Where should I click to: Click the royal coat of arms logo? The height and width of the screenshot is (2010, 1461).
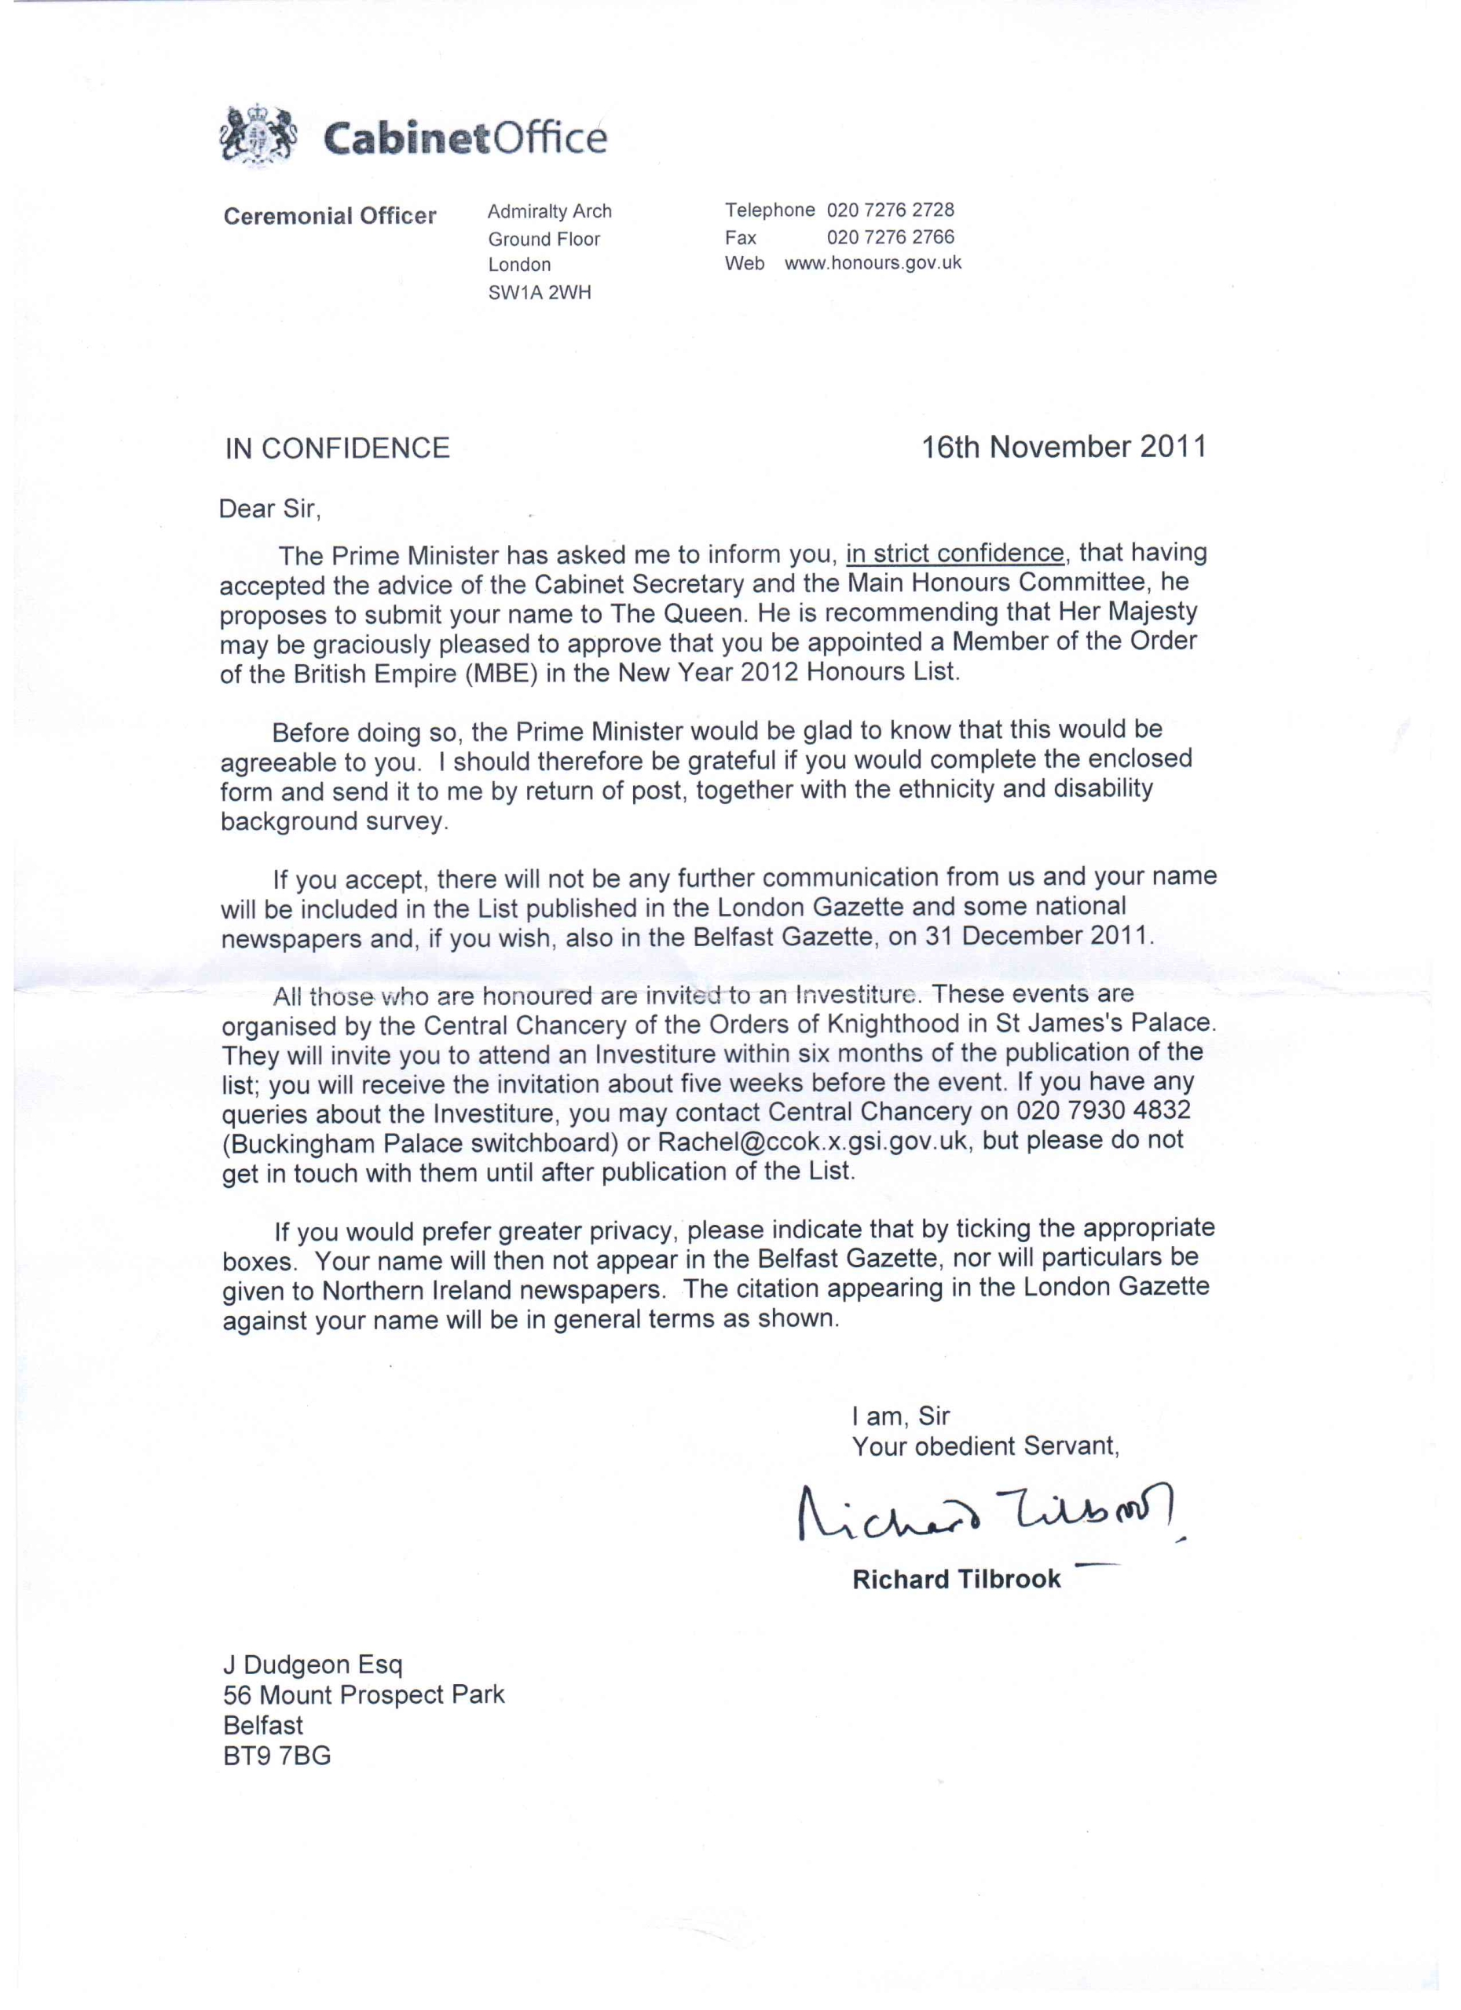[x=257, y=136]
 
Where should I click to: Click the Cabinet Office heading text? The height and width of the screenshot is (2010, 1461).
[x=464, y=138]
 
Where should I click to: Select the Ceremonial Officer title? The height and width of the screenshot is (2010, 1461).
[x=330, y=216]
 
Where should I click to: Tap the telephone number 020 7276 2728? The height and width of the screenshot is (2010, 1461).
[x=890, y=210]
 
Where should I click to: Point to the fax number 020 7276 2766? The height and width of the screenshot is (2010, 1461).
[x=890, y=236]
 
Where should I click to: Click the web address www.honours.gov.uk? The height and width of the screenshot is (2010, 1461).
[x=873, y=263]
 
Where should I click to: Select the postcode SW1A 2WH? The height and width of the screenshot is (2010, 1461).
[x=539, y=292]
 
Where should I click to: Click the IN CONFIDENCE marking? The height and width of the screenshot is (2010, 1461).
[x=337, y=448]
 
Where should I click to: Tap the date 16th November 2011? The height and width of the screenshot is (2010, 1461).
[x=1064, y=447]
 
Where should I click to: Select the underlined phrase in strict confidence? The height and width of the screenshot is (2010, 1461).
[x=955, y=554]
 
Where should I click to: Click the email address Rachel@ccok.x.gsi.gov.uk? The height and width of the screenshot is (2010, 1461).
[x=812, y=1142]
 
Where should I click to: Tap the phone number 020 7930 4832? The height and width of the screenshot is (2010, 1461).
[x=1104, y=1111]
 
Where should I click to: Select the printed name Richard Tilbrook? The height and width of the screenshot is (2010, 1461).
[x=956, y=1579]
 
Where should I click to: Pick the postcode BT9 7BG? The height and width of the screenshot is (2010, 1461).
[x=276, y=1756]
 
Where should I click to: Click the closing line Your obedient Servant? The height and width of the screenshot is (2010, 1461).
[x=985, y=1446]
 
